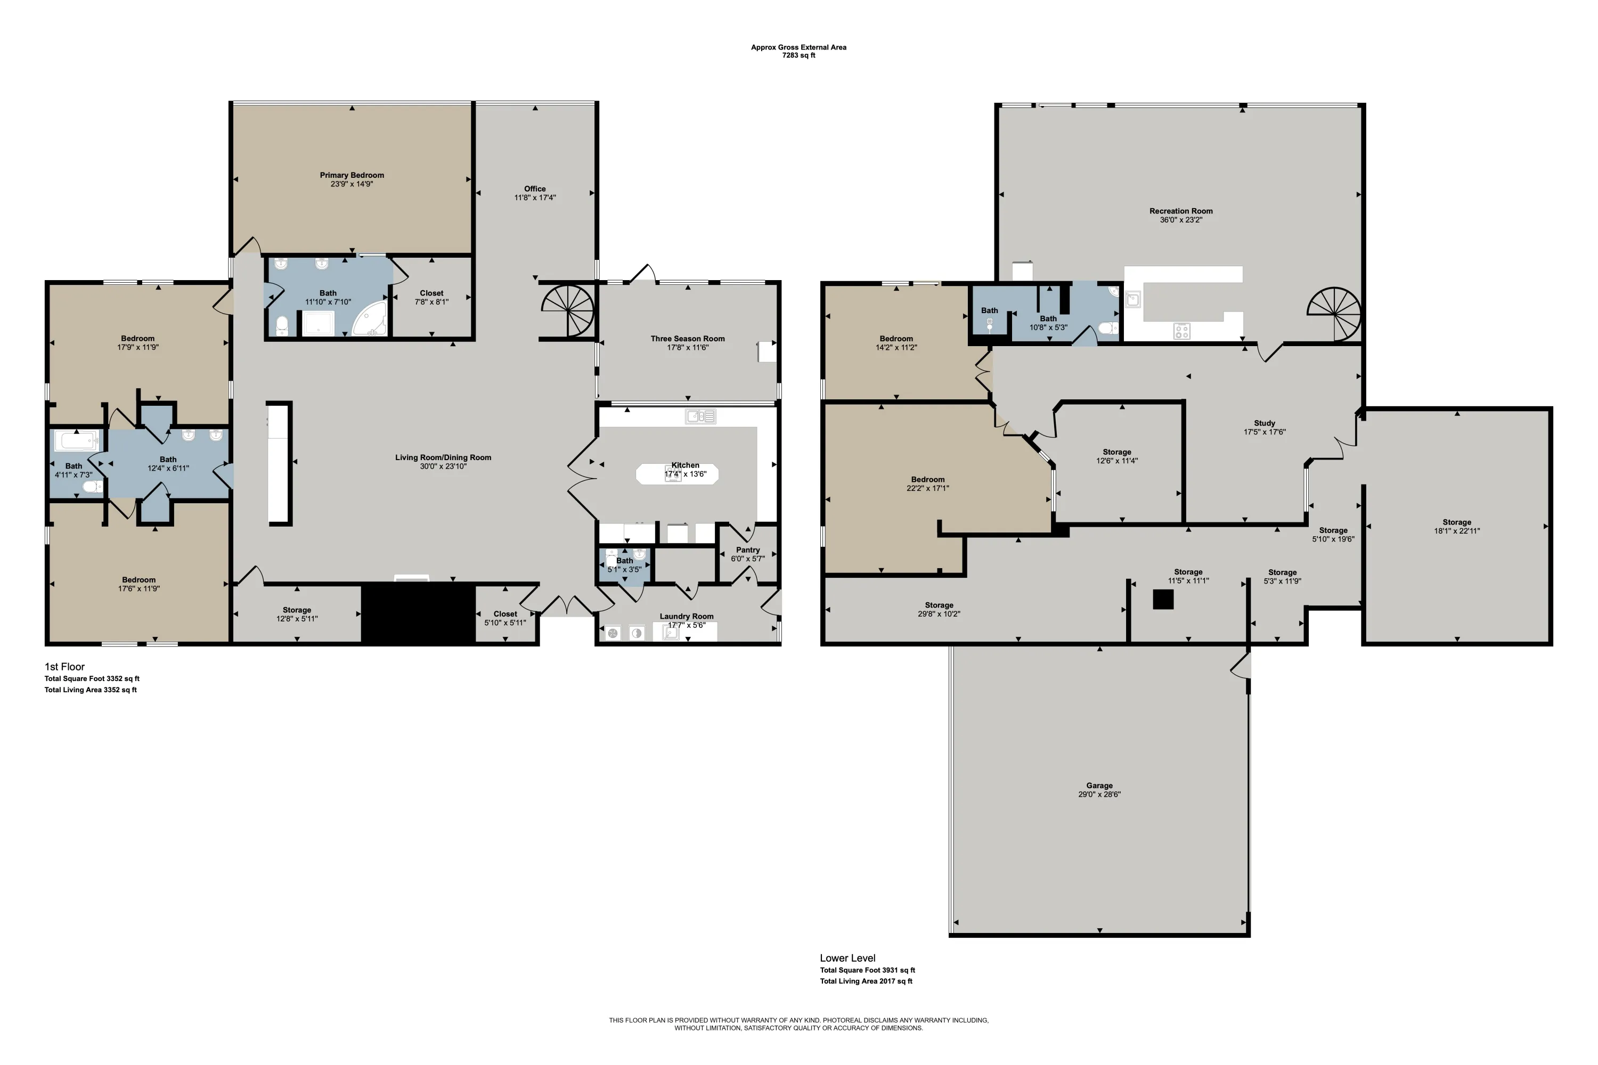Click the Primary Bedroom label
[352, 175]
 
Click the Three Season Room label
[688, 338]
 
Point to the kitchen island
[678, 473]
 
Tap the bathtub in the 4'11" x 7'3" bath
[76, 441]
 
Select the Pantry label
[748, 550]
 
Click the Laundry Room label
[686, 616]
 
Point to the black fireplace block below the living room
[418, 613]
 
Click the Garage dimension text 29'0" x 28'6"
[1099, 794]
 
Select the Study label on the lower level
[1265, 422]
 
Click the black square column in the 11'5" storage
[1163, 599]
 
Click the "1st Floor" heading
[64, 666]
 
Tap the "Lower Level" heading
[847, 957]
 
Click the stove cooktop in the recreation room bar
[1181, 331]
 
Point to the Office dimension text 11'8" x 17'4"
[535, 198]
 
